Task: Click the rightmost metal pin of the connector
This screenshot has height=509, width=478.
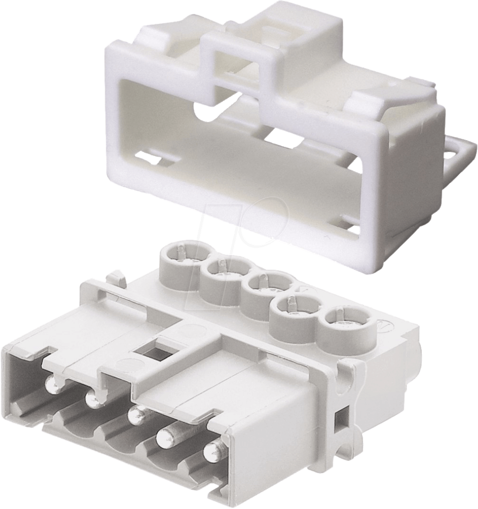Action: pos(213,450)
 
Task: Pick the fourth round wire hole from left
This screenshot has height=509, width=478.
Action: pos(294,308)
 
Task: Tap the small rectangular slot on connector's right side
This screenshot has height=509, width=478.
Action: pos(341,420)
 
